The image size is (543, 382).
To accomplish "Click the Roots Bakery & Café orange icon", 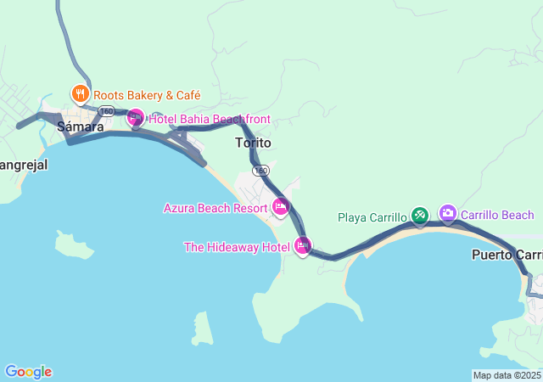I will [x=80, y=94].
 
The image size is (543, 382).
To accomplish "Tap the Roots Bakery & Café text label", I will [x=147, y=95].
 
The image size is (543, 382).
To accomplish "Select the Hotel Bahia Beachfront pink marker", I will [x=135, y=119].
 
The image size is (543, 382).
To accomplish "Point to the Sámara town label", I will [x=80, y=127].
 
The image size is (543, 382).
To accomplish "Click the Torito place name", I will [x=253, y=143].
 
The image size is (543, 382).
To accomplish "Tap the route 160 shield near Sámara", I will [x=106, y=111].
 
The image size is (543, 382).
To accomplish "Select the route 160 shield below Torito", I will [x=260, y=170].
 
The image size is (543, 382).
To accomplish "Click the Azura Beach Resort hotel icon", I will [x=281, y=206].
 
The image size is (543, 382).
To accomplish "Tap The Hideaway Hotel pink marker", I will [x=302, y=246].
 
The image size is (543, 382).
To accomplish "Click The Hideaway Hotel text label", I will [x=237, y=247].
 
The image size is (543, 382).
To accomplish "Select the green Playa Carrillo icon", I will [x=419, y=216].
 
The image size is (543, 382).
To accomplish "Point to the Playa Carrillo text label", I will [x=372, y=217].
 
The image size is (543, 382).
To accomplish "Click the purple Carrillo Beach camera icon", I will [x=447, y=213].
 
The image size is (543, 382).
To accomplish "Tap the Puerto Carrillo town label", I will [x=507, y=255].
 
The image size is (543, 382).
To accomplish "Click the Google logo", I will [x=28, y=372].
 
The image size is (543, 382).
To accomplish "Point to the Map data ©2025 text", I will [x=507, y=375].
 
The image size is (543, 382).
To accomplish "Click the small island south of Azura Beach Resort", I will [x=201, y=328].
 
